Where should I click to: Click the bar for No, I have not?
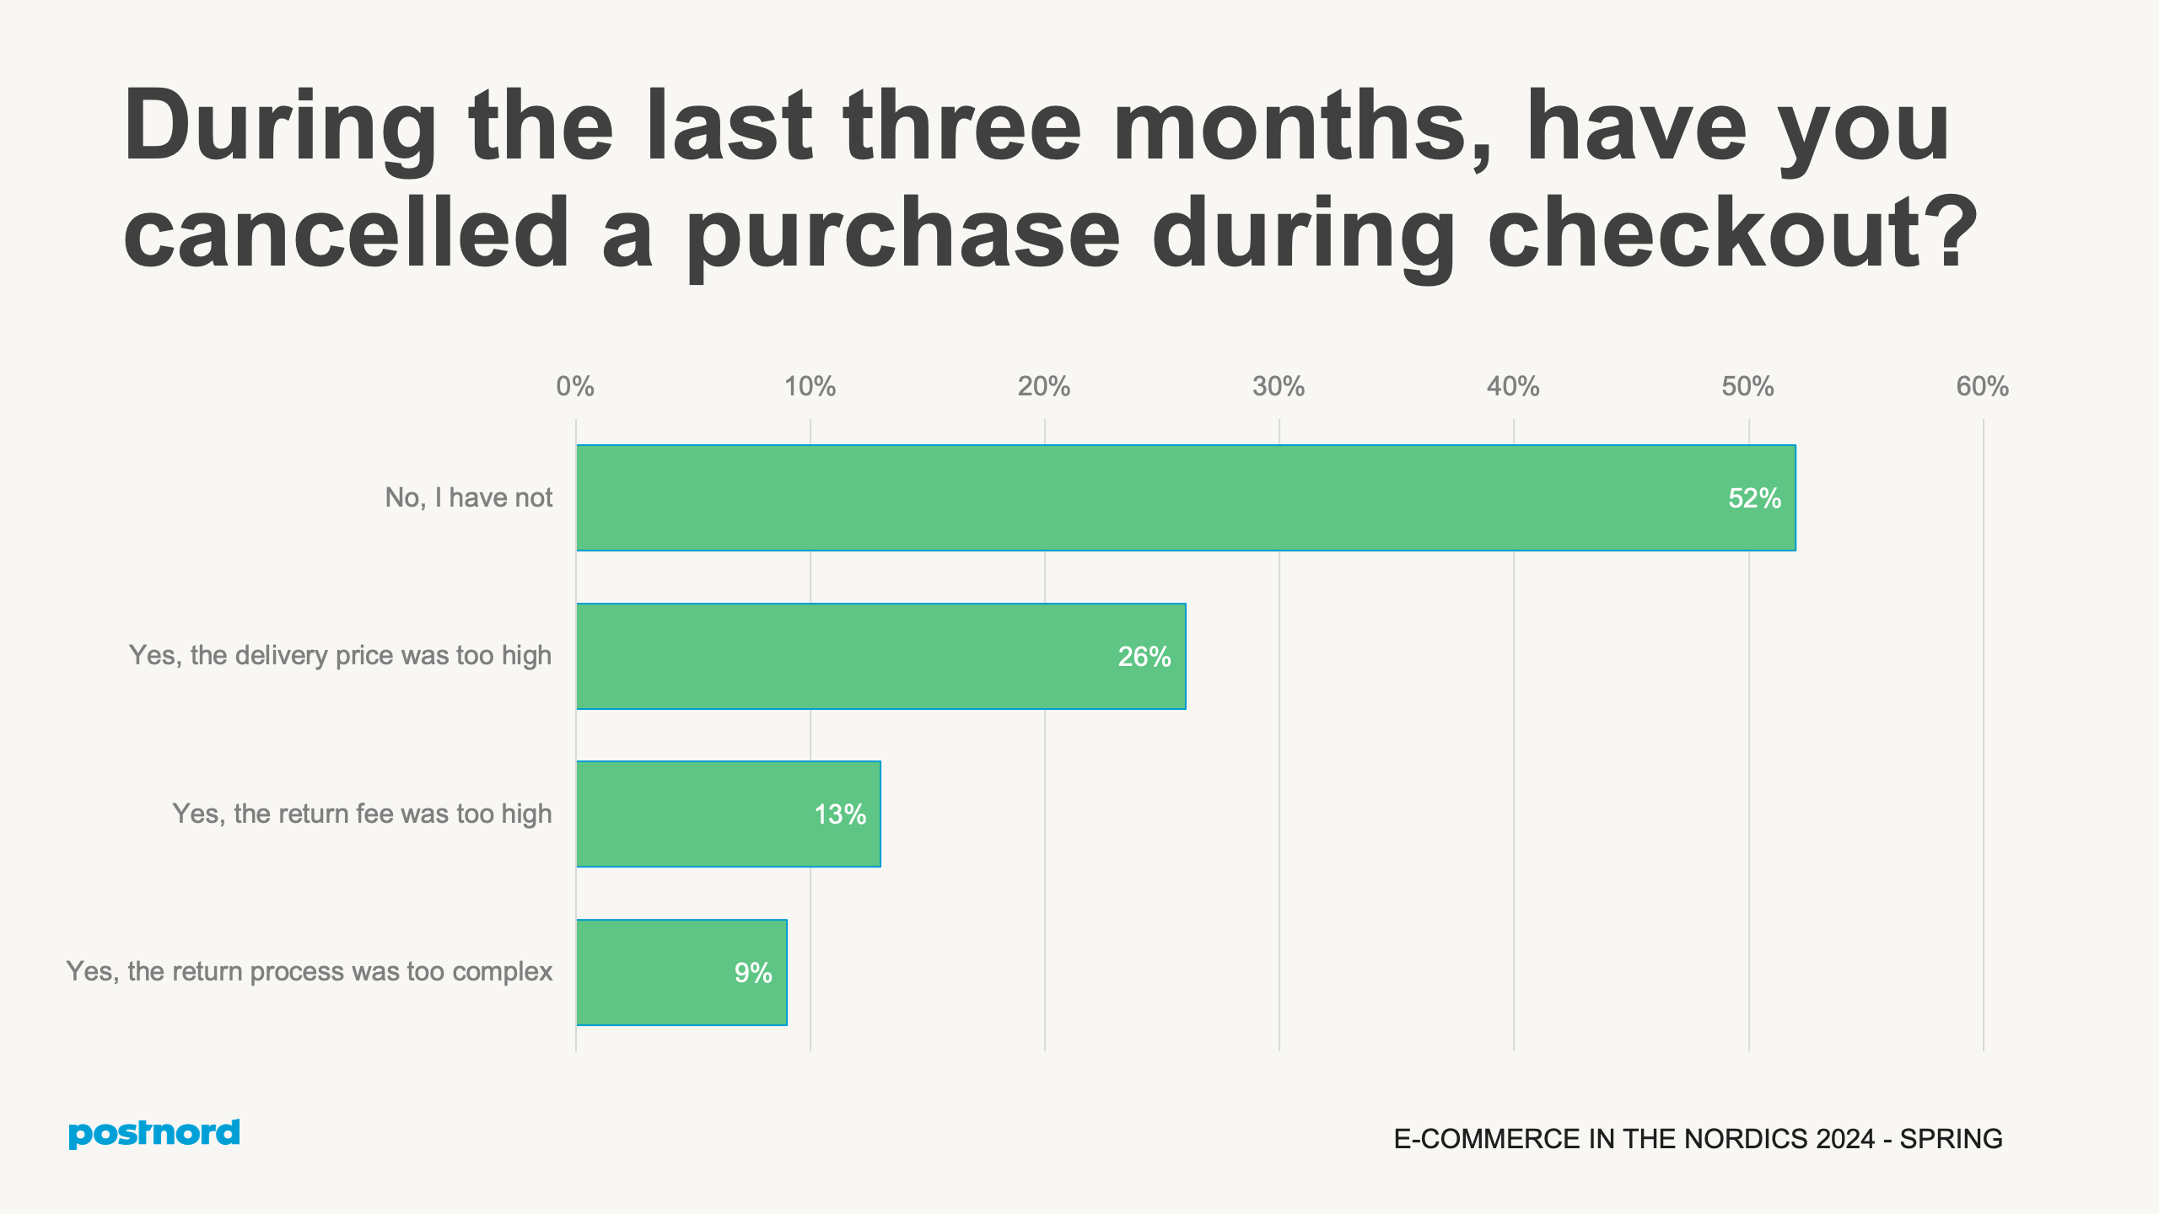[1185, 497]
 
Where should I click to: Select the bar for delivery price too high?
[880, 656]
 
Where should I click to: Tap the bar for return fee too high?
[728, 814]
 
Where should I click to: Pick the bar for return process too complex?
[681, 972]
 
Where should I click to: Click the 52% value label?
[1754, 498]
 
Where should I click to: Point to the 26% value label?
[1144, 657]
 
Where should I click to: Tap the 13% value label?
[839, 814]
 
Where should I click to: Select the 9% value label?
[752, 973]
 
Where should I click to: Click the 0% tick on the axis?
[575, 387]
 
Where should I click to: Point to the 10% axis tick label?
[810, 387]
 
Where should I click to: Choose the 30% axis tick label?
[1279, 387]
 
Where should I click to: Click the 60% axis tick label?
[1982, 387]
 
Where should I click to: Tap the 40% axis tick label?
[1513, 387]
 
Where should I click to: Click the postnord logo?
[154, 1133]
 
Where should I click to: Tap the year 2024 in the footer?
[1845, 1139]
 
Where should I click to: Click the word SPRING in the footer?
[1951, 1139]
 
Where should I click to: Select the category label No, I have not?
[468, 497]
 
